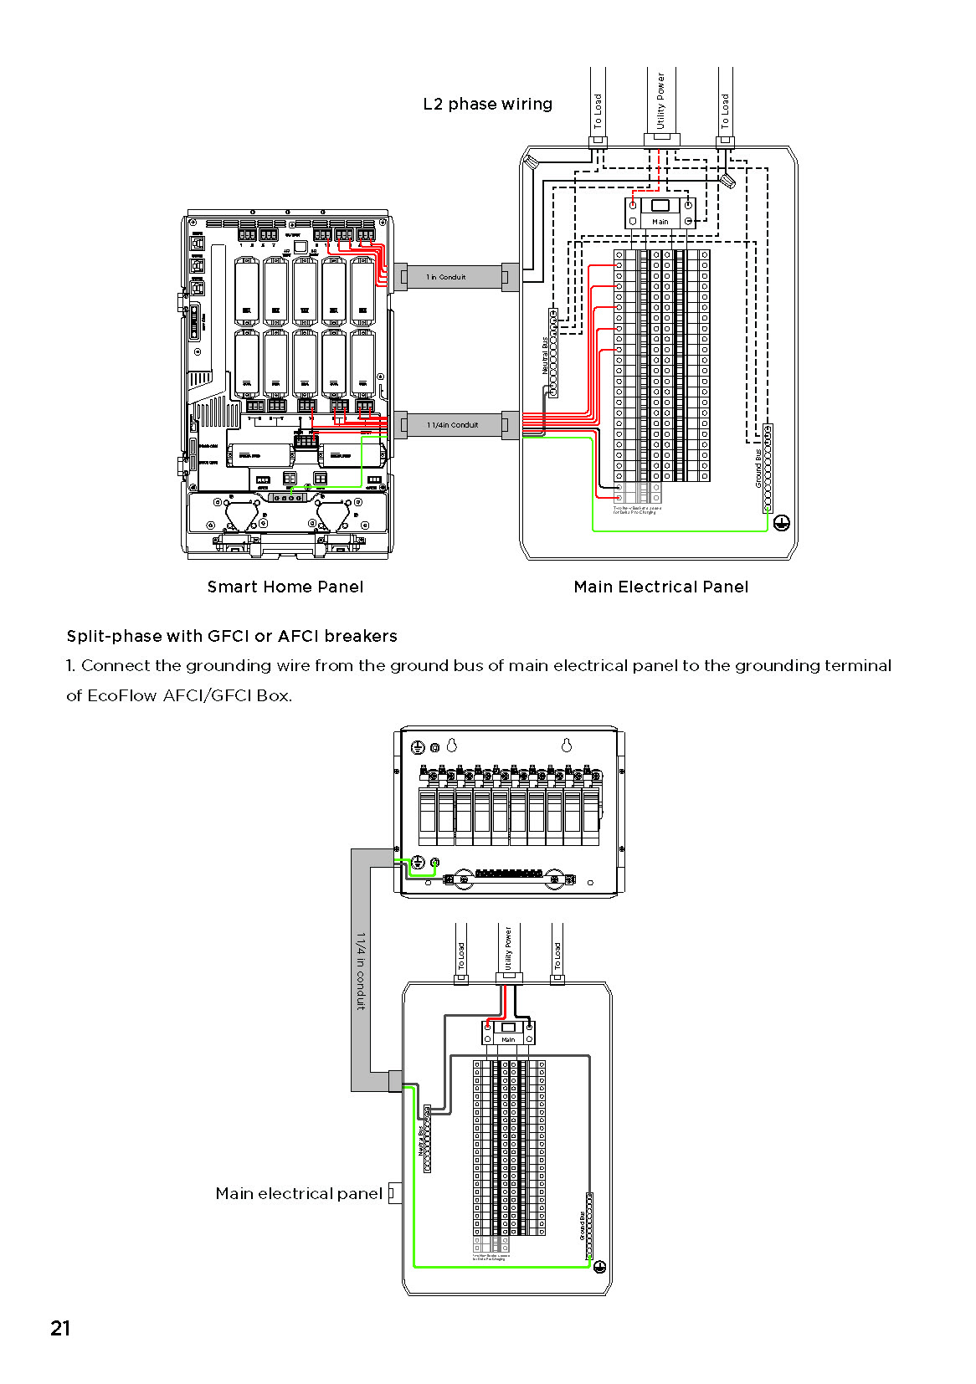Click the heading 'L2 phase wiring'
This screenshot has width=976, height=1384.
point(487,105)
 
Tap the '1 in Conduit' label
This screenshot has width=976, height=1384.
point(446,277)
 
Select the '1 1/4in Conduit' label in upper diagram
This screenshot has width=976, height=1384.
point(453,425)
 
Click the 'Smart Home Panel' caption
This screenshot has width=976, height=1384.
point(285,587)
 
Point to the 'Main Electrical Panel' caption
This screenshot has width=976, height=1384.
point(660,587)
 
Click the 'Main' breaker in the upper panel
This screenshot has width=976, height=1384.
point(660,211)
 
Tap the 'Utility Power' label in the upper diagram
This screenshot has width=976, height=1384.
point(660,100)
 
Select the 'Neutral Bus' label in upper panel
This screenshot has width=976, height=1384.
point(545,356)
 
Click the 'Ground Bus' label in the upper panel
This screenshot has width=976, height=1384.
point(759,469)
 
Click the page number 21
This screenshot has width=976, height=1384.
point(60,1328)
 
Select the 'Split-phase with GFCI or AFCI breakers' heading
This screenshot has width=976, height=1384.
point(232,636)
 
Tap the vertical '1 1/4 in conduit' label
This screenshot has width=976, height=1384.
point(361,971)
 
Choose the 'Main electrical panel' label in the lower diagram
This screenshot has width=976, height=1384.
point(299,1193)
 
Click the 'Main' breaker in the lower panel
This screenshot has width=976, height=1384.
point(508,1032)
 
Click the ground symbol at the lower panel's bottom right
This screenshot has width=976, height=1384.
point(599,1267)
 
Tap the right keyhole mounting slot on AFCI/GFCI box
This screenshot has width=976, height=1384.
point(567,745)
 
